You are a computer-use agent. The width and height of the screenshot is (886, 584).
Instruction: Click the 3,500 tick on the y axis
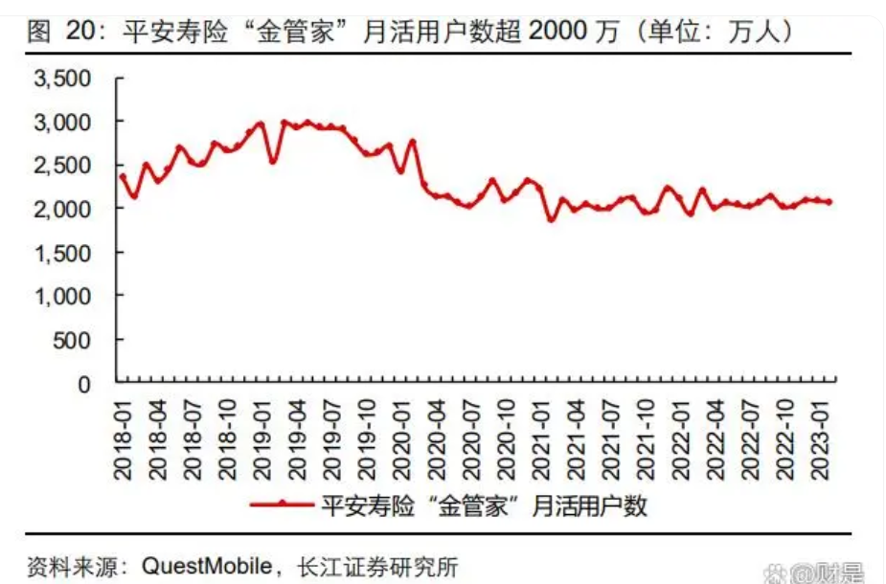click(63, 79)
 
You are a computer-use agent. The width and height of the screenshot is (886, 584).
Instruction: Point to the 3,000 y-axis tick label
click(63, 123)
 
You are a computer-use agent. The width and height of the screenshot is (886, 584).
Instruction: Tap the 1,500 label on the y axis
click(63, 253)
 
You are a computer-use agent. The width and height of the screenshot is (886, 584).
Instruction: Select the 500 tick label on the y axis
click(73, 341)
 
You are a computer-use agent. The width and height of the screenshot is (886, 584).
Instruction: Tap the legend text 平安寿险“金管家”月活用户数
click(484, 505)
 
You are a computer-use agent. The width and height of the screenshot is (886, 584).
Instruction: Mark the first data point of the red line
click(123, 176)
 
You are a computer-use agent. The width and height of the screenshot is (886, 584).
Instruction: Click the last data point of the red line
click(829, 202)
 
